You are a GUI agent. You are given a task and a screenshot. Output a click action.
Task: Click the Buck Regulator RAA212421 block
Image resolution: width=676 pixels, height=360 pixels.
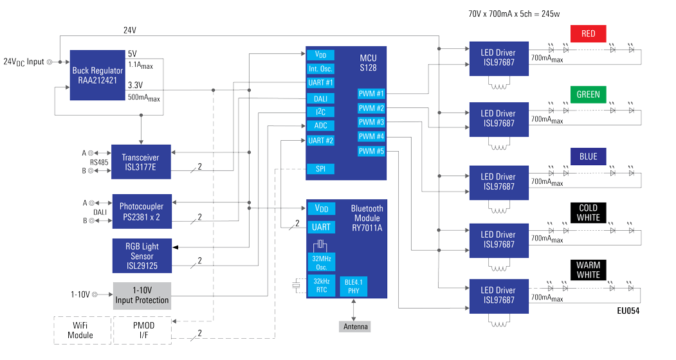point(98,76)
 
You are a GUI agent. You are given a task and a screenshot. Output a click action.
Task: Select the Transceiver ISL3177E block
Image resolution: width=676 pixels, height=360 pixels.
point(141,162)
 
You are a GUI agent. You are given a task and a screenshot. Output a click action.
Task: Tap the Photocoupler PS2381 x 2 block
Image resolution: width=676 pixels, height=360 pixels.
point(142,212)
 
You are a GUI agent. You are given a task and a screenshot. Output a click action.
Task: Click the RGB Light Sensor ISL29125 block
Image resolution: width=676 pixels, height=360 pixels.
point(142,255)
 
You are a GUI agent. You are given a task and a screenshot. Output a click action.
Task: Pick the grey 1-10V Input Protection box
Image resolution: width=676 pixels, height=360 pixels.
point(142,296)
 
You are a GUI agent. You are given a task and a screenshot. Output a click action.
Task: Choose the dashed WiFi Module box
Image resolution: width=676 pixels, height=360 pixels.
point(80,330)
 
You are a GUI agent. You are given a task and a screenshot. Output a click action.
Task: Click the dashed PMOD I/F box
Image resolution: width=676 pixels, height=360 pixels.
point(142,330)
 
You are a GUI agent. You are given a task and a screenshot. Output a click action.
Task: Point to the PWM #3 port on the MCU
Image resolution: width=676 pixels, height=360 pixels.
point(371,122)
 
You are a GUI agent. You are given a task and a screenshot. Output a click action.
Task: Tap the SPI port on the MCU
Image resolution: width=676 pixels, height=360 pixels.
point(320,169)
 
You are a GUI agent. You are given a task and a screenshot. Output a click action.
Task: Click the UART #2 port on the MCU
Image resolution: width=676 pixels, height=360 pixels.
point(320,141)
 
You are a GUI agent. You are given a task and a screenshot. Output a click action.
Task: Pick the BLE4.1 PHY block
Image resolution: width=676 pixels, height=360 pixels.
point(353,286)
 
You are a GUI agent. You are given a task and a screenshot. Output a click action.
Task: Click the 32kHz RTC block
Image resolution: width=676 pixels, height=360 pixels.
point(320,286)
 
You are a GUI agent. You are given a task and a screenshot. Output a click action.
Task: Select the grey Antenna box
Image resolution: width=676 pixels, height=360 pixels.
point(355,327)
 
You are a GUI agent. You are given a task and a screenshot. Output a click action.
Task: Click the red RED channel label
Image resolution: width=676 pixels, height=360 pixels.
point(588,33)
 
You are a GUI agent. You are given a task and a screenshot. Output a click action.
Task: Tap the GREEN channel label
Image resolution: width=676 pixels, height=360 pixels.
point(588,94)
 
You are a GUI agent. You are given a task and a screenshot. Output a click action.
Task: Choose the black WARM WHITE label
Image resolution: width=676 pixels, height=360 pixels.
point(588,270)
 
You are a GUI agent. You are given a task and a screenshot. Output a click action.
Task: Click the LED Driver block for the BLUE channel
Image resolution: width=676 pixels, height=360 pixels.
point(498,182)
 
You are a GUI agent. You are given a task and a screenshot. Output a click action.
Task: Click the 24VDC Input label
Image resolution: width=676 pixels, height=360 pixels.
point(24,62)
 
